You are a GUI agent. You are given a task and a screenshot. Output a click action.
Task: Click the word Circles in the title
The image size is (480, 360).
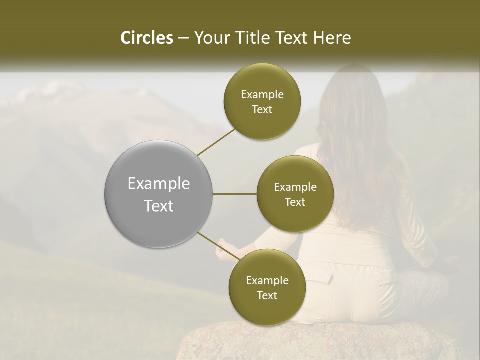click(146, 38)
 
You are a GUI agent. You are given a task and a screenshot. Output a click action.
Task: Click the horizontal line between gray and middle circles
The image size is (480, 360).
click(235, 194)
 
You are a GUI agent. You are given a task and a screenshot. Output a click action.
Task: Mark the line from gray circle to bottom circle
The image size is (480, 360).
click(216, 245)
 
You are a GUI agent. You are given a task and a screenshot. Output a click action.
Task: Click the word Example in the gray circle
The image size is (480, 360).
click(159, 184)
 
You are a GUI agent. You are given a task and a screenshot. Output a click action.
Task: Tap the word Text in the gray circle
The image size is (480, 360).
click(159, 206)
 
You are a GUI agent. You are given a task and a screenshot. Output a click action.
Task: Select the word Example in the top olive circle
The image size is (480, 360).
click(262, 95)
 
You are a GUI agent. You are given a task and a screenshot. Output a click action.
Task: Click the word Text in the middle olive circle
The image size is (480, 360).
click(295, 202)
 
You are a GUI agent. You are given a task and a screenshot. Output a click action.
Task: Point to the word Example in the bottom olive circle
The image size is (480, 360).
click(267, 281)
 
